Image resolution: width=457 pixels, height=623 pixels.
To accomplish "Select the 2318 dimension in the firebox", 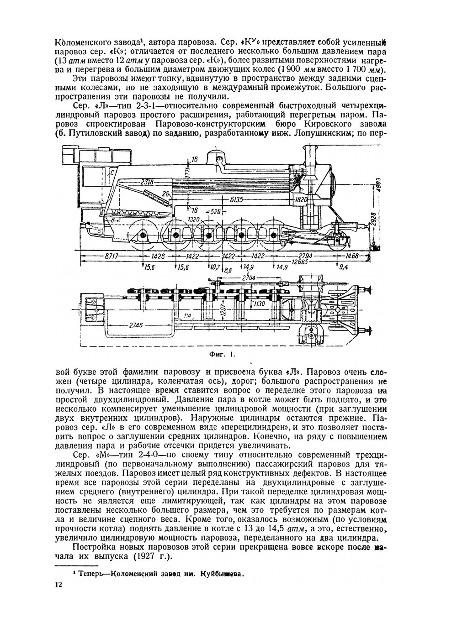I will pos(147,182).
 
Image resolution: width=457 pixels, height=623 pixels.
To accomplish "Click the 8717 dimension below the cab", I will pos(112,256).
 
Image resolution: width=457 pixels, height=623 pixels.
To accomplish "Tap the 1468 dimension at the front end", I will pos(351,256).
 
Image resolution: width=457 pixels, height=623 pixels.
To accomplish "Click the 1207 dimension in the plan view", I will pos(222,309).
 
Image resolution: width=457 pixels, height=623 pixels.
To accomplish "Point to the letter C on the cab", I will pos(111,173).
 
